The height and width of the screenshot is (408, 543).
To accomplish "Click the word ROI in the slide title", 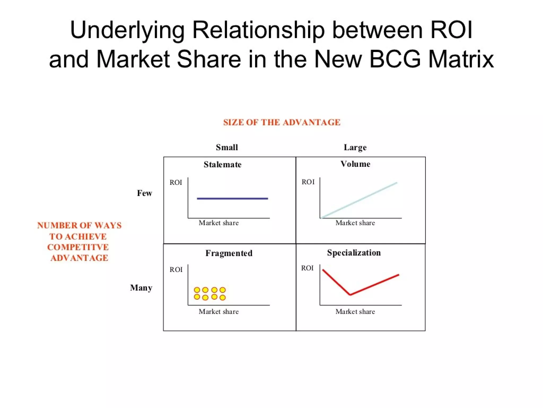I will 451,30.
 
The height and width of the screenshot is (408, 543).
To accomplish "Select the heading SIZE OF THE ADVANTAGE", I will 282,122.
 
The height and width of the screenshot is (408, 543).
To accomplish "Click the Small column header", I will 227,147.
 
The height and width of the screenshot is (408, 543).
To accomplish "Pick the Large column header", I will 355,147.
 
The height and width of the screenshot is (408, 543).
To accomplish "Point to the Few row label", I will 144,193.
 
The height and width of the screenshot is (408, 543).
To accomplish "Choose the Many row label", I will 141,288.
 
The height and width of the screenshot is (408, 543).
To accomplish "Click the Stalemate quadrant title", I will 222,165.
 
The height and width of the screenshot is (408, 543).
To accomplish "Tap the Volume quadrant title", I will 355,164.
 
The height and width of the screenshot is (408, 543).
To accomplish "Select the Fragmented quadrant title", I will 229,253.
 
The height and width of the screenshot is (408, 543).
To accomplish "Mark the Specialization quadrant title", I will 354,253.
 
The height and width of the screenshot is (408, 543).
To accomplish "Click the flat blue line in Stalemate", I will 232,198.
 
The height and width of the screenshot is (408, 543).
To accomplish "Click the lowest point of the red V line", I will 350,295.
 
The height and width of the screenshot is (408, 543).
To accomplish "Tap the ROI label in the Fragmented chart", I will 176,270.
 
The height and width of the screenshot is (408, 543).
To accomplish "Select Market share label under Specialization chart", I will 355,312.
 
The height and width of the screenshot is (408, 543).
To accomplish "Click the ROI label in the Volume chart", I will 308,182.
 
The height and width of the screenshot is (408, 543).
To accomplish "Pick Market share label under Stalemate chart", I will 218,223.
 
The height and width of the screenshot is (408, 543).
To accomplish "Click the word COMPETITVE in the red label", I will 78,247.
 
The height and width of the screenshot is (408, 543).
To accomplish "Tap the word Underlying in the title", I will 127,30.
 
